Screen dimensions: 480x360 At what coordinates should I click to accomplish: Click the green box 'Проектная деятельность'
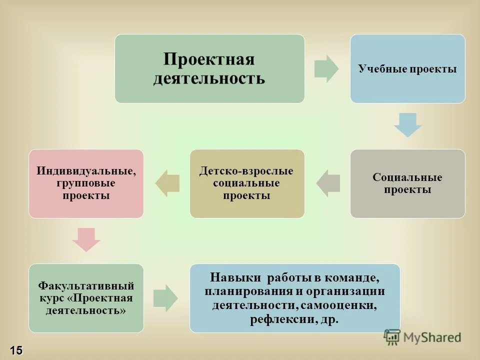[x=209, y=68]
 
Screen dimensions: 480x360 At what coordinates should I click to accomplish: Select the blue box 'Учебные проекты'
[x=407, y=68]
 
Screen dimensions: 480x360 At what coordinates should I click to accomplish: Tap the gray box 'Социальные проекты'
[x=407, y=183]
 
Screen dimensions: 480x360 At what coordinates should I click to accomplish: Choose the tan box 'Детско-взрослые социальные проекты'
[x=247, y=183]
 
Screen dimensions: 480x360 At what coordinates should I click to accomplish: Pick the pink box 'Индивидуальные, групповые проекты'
[x=86, y=183]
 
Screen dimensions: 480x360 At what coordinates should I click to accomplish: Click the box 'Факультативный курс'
[x=86, y=298]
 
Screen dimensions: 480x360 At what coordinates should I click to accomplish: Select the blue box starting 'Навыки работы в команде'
[x=295, y=298]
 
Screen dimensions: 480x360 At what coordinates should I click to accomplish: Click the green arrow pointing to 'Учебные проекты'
[x=326, y=68]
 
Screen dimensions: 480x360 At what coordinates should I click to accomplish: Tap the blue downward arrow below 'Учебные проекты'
[x=408, y=125]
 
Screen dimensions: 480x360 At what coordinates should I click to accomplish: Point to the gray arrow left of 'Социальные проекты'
[x=328, y=183]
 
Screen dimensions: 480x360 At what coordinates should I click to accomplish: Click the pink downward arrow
[x=86, y=239]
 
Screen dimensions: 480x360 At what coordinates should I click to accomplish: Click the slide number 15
[x=14, y=350]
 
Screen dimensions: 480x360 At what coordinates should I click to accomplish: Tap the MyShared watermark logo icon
[x=393, y=337]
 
